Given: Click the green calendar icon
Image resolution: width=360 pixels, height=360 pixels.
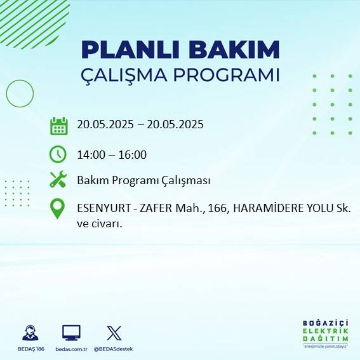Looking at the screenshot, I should [x=58, y=125].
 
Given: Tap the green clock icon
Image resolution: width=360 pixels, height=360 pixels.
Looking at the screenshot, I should [x=58, y=154].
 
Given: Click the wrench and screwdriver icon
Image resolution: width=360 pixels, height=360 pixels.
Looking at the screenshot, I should [x=58, y=180].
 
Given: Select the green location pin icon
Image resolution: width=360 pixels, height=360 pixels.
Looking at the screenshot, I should [x=58, y=209].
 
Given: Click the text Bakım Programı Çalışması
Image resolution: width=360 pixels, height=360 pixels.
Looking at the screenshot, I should [x=143, y=180].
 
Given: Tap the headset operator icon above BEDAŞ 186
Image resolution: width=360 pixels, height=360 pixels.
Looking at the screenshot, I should [x=30, y=333].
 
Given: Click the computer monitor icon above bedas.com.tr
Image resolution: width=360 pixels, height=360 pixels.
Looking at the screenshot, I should [x=71, y=333].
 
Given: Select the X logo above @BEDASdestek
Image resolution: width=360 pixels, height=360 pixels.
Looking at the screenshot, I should [x=114, y=333].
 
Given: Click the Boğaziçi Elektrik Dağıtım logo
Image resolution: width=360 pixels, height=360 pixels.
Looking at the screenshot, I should [x=325, y=334].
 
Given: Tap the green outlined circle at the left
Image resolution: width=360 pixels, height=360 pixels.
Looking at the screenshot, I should [x=20, y=93].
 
